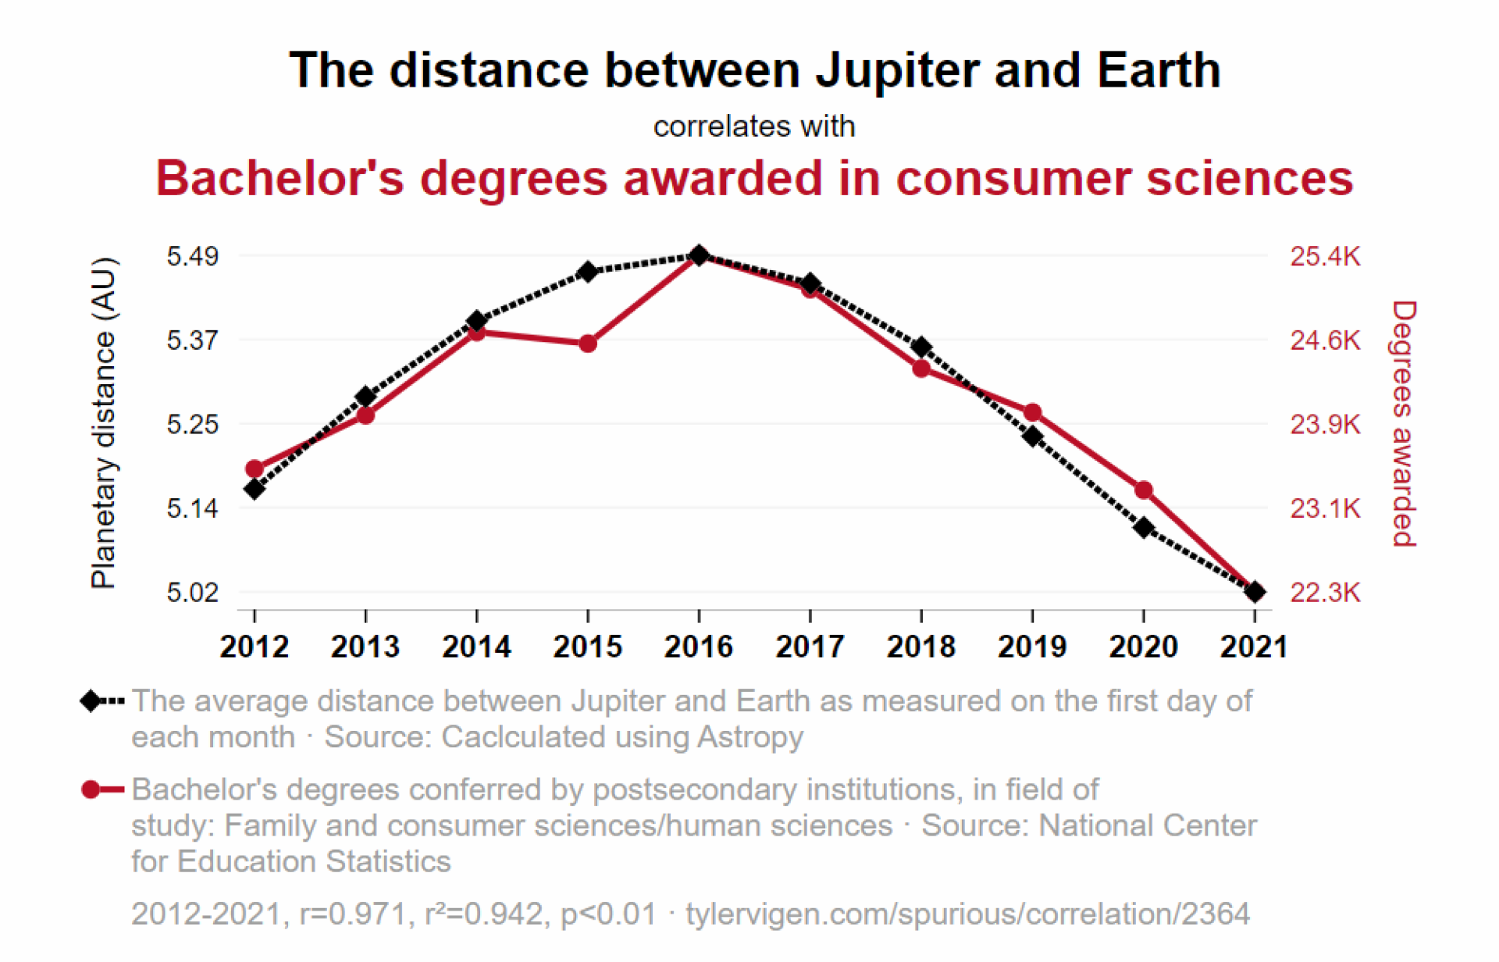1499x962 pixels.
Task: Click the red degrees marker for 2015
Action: click(x=588, y=344)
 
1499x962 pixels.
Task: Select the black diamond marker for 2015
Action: click(x=588, y=272)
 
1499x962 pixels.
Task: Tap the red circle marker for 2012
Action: click(x=255, y=469)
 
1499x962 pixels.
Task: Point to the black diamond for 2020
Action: click(x=1144, y=528)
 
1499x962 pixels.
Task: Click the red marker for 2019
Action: click(x=1033, y=412)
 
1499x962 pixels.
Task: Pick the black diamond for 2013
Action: click(x=365, y=397)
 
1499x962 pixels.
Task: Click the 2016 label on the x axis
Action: click(x=699, y=647)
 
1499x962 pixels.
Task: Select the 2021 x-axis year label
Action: click(x=1254, y=647)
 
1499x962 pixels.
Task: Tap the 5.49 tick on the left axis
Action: click(x=192, y=256)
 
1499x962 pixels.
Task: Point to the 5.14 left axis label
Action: click(x=192, y=508)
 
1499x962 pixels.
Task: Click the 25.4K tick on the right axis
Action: click(x=1325, y=256)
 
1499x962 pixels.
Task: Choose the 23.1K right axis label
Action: click(x=1325, y=508)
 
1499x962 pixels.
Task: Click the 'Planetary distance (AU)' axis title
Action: click(x=103, y=422)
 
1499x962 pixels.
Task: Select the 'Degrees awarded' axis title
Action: click(x=1404, y=424)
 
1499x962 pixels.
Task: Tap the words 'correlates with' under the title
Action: click(x=754, y=126)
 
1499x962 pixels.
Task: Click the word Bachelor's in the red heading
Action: click(x=280, y=178)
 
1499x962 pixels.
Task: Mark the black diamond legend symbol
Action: click(x=91, y=701)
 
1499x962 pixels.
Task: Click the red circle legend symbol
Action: click(x=91, y=789)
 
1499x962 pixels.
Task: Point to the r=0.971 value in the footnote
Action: click(x=356, y=914)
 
